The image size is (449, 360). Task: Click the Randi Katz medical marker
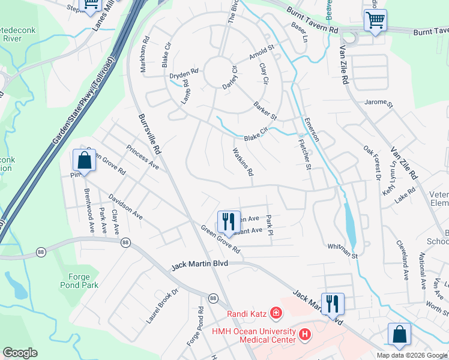tap(276, 313)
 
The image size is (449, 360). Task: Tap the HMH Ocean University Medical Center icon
tap(305, 334)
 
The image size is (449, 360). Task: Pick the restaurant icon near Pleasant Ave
tap(228, 221)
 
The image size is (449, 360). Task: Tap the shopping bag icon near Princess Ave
tap(84, 161)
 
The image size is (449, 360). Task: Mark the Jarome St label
tap(378, 103)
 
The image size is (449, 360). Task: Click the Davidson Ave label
tap(125, 207)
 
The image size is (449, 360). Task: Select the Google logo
tap(20, 353)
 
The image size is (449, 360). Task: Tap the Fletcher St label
tap(305, 155)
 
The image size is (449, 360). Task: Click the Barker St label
tap(265, 110)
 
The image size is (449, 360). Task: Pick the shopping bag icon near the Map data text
tap(399, 335)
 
